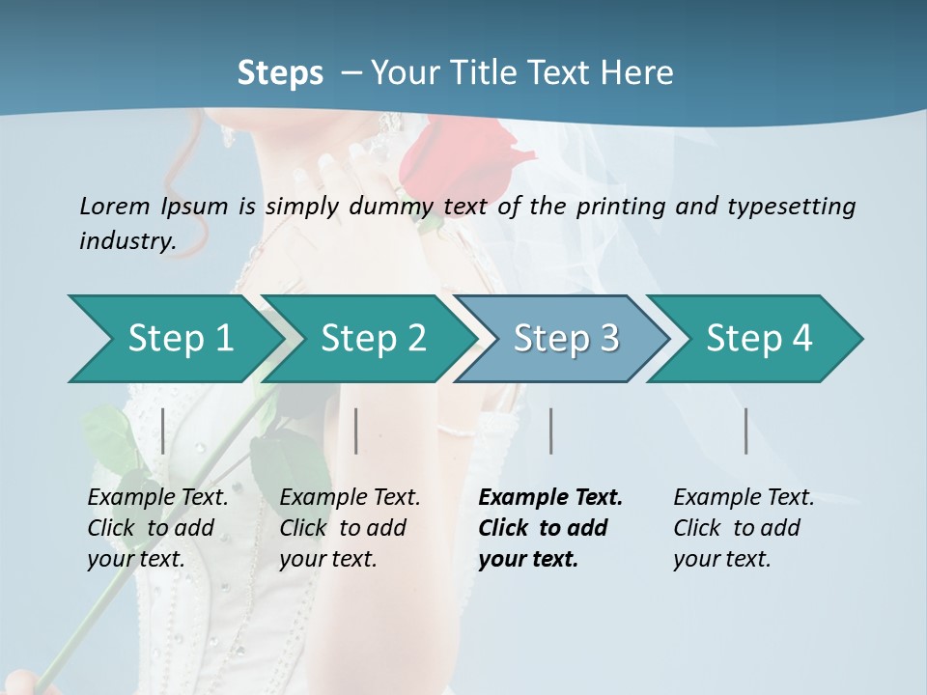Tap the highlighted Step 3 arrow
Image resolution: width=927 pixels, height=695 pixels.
(x=566, y=339)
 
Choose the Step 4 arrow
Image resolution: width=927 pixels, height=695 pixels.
(x=759, y=339)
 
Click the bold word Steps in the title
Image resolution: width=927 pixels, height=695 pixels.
(x=280, y=73)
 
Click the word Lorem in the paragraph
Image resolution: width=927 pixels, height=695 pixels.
(x=115, y=206)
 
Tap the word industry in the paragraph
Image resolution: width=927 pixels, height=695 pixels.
(x=126, y=240)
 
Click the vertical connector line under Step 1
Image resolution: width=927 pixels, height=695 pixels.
(x=163, y=431)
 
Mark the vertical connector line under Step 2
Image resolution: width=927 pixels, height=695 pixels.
(x=356, y=431)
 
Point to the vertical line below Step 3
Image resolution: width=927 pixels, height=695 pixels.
(x=550, y=431)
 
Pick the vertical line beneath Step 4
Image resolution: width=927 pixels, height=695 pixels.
(x=745, y=431)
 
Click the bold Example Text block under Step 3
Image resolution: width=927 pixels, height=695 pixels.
(x=550, y=528)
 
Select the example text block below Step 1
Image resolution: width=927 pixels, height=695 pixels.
(x=158, y=528)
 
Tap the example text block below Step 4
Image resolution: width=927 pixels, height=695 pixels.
(x=744, y=528)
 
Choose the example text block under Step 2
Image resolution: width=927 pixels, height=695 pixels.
(x=350, y=528)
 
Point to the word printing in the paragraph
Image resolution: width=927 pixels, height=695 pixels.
(x=618, y=207)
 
